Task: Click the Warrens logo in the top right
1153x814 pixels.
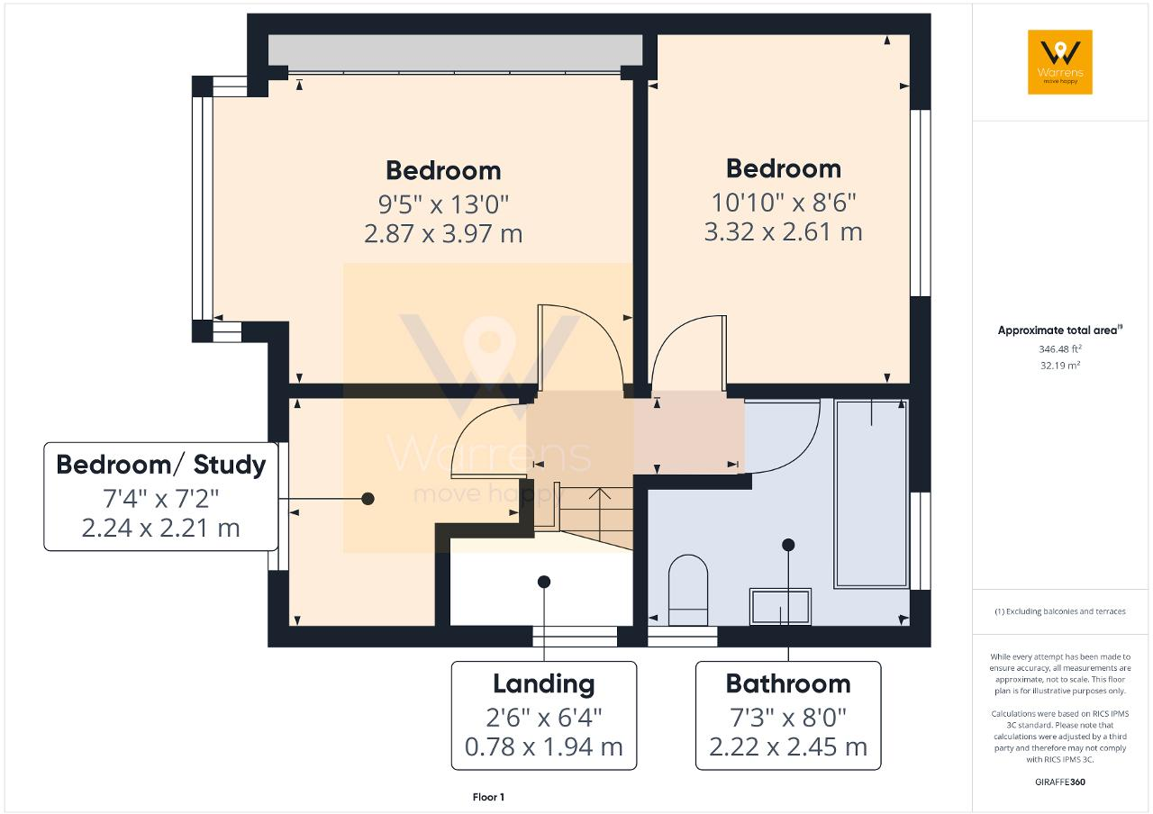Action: (x=1060, y=62)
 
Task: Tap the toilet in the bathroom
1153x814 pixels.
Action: (x=689, y=591)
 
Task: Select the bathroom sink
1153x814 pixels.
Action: (x=780, y=606)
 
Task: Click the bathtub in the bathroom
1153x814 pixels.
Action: (x=871, y=493)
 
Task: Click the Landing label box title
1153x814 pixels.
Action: (x=543, y=683)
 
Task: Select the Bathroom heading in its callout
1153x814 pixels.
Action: (x=788, y=683)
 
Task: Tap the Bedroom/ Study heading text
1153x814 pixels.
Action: (x=161, y=465)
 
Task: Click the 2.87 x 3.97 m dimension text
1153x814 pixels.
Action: (x=443, y=234)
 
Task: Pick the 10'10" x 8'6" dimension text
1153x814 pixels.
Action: (x=783, y=201)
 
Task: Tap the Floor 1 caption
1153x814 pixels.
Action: (x=488, y=797)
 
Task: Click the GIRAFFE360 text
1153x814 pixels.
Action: (x=1060, y=782)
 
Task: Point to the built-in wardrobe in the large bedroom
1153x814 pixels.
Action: (x=455, y=51)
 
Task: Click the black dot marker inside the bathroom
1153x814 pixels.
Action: (x=788, y=544)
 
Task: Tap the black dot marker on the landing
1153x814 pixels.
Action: (x=543, y=582)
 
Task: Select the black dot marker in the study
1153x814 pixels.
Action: (x=368, y=498)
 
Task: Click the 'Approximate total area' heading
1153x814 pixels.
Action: (x=1059, y=330)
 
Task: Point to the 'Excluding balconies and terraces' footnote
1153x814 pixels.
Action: (x=1060, y=611)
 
